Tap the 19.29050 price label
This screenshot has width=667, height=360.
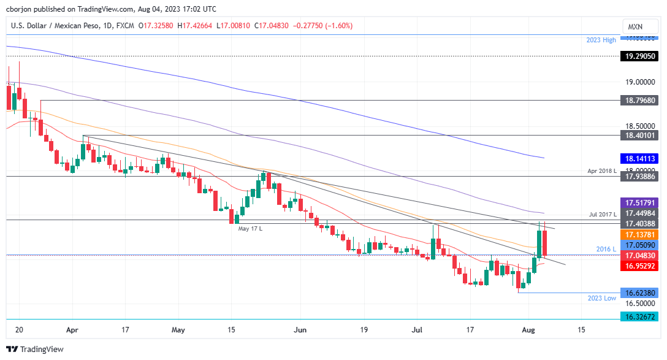click(641, 56)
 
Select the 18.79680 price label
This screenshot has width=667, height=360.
click(641, 100)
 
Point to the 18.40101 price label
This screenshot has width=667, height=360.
click(641, 135)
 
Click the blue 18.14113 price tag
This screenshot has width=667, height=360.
click(641, 158)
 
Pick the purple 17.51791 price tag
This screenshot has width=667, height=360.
click(641, 202)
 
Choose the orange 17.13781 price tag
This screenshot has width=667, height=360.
click(641, 235)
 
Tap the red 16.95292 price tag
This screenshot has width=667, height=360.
click(641, 266)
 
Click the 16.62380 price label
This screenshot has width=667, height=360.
click(641, 293)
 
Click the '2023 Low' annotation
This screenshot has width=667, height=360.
click(602, 298)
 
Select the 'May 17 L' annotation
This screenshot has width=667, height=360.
click(250, 229)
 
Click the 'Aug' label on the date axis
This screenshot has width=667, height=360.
click(528, 329)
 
